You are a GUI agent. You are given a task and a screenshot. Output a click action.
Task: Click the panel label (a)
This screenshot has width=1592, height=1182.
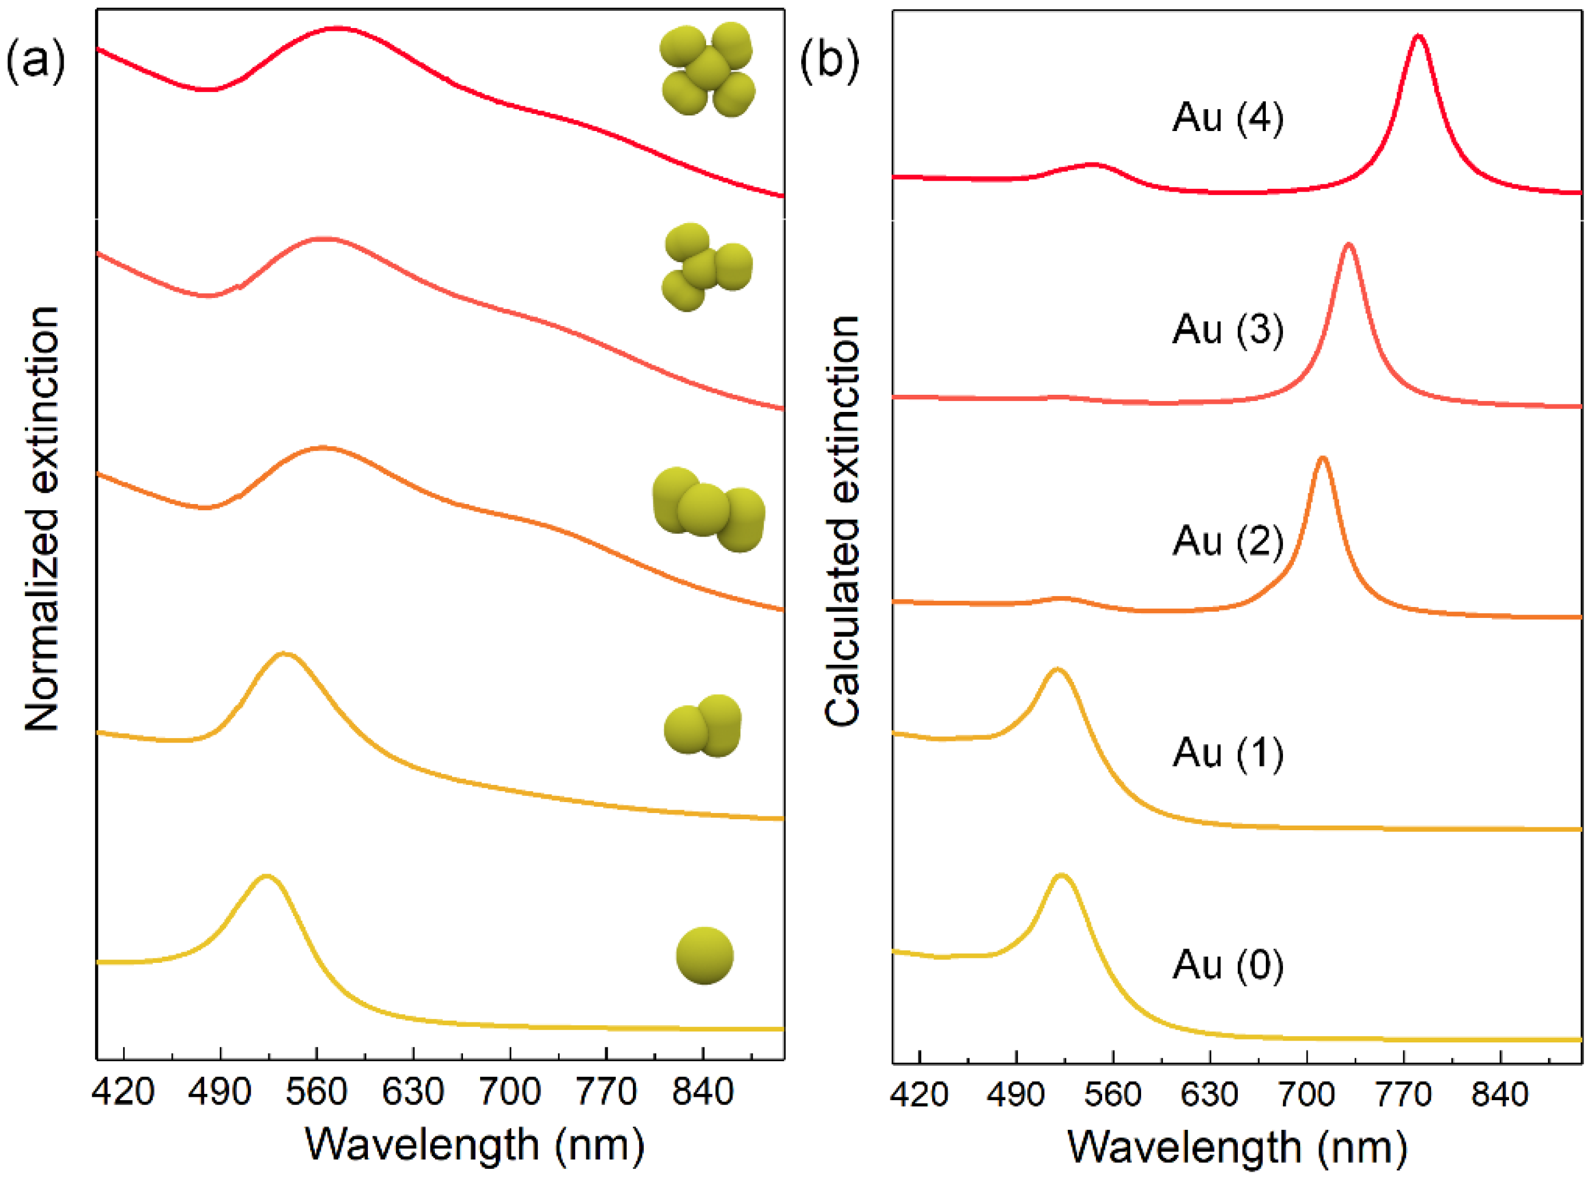click(36, 63)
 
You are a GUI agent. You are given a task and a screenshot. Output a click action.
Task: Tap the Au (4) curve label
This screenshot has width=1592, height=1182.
click(1228, 117)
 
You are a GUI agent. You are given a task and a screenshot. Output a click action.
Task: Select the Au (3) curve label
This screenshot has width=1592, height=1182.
click(1228, 329)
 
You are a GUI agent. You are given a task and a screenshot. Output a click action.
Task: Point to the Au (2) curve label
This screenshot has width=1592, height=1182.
click(1228, 541)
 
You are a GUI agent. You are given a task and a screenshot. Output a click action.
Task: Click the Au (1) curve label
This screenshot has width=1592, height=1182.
click(1228, 753)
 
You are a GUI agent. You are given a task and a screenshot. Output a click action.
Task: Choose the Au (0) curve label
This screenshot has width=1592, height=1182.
click(1228, 965)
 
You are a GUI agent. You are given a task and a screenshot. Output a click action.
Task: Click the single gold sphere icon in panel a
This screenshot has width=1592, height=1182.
click(705, 956)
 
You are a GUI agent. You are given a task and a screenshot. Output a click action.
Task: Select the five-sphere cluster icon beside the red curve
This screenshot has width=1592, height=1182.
click(707, 69)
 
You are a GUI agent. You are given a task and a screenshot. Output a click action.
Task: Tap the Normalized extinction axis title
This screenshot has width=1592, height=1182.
click(42, 519)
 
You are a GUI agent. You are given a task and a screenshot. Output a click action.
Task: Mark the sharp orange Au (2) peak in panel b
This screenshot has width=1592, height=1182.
click(1322, 459)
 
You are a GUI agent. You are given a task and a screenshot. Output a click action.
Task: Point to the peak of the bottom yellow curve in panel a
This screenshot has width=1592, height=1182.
click(266, 877)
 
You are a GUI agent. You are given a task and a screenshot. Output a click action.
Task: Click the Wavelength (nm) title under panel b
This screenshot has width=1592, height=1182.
click(1238, 1148)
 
